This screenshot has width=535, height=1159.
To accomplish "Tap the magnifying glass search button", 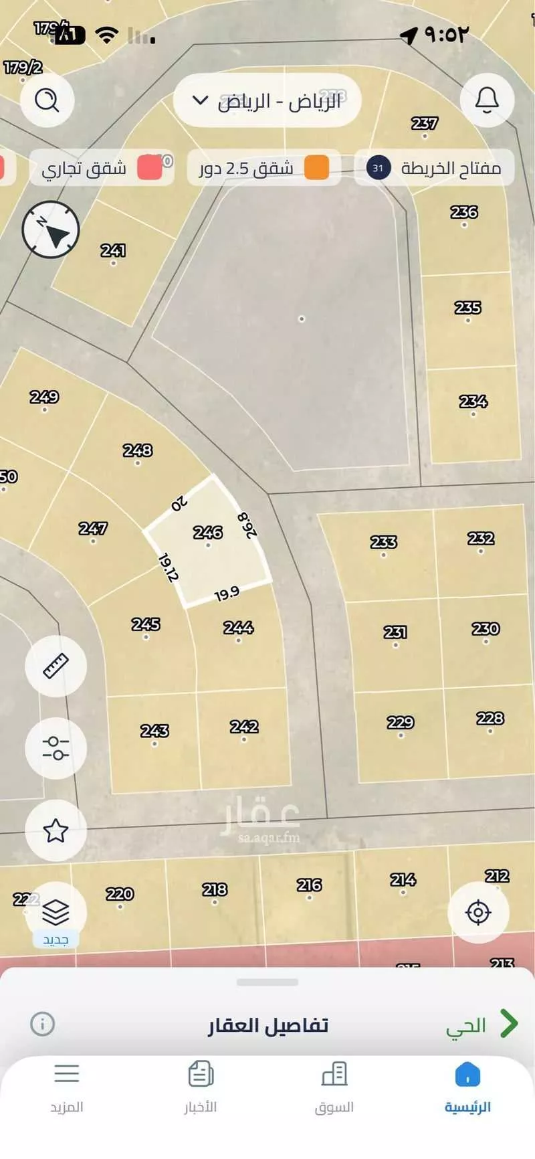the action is (47, 100).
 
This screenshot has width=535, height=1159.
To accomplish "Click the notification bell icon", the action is (487, 100).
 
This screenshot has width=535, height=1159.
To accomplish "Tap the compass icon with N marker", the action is (51, 230).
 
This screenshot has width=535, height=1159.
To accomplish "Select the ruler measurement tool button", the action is (56, 666).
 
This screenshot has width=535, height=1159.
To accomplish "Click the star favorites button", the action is (56, 830).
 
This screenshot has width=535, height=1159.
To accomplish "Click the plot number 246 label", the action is (207, 533).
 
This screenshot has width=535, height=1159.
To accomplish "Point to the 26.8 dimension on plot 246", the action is (248, 525).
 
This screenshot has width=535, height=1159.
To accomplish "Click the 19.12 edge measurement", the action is (168, 567).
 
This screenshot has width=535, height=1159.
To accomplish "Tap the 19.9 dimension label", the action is (227, 594).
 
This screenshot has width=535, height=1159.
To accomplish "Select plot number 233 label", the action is (383, 542).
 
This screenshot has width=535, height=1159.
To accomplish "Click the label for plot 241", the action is (113, 250).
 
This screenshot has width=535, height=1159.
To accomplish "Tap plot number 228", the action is (490, 718).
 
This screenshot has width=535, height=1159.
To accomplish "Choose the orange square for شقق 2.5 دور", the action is (316, 168).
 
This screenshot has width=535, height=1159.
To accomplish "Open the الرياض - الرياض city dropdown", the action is (267, 101).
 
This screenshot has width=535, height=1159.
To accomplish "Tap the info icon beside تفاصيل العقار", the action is (42, 1024).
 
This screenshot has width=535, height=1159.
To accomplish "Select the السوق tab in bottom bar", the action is (334, 1087).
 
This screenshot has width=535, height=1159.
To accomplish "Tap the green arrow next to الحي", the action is (509, 1024).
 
